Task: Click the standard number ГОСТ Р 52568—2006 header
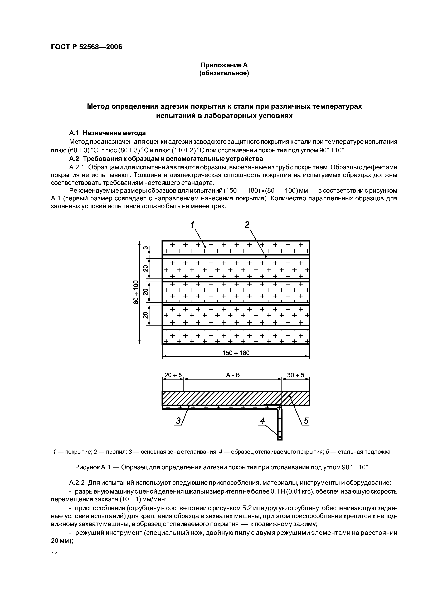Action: click(x=86, y=47)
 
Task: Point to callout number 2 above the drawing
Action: click(x=247, y=225)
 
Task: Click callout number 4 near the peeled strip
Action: click(x=262, y=421)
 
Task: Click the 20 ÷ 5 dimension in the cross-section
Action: click(x=173, y=375)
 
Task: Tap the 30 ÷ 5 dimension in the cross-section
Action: click(x=295, y=375)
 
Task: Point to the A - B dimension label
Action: click(x=233, y=375)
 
